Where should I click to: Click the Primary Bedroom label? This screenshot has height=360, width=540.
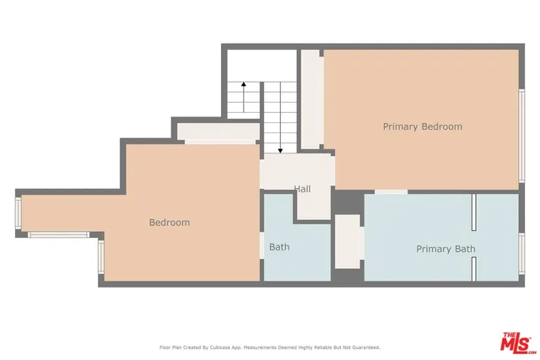coord(422,126)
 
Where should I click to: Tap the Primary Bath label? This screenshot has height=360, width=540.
coord(445,250)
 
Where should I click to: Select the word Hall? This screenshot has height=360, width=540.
coord(302,189)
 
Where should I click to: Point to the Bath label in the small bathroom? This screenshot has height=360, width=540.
coord(279,248)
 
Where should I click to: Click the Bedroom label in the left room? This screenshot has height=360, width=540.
coord(169,223)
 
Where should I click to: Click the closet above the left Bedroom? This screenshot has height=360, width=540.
coord(215,132)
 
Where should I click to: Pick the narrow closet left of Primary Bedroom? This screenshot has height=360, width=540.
coord(311,99)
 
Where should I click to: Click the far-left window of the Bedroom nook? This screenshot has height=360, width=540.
coord(18,215)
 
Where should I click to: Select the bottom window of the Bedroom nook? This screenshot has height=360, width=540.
coord(59,235)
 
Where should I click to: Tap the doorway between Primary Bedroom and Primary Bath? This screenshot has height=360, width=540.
coord(391,192)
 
